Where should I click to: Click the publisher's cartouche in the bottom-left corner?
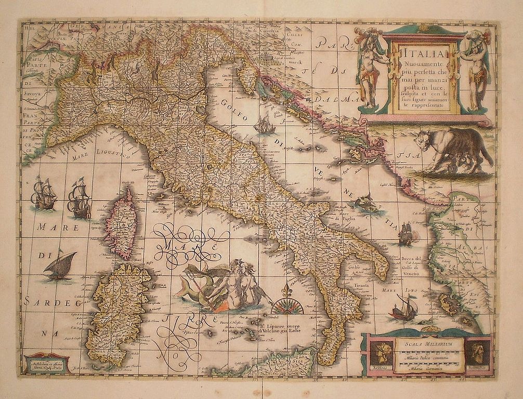(x=46, y=362)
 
